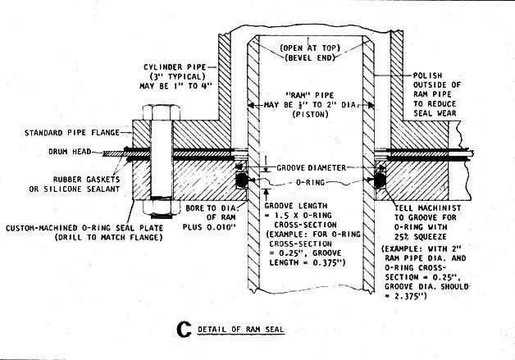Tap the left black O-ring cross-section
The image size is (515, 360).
coord(243,179)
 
